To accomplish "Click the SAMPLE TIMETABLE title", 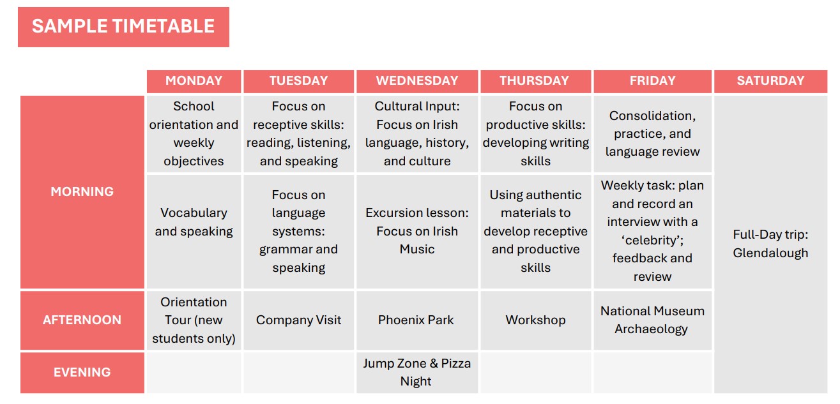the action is point(123,27).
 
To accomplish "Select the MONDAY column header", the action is point(194,81).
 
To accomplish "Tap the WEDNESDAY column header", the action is point(417,81).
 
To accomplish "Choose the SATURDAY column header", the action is point(770,81).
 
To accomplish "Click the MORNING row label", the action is point(82,192).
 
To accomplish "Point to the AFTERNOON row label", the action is point(82,320).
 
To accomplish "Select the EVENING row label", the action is point(82,373).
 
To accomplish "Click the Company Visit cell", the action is point(298,320).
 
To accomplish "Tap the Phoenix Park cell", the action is point(417,320).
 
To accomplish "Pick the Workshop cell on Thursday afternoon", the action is point(535,320).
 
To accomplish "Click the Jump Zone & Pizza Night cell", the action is point(417,373).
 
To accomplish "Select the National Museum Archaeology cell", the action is point(652,320).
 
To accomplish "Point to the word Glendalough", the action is point(770,253).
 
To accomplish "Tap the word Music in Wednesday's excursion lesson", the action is point(417,249).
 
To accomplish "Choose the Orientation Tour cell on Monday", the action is point(194,320).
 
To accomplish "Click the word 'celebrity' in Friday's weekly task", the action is point(652,240).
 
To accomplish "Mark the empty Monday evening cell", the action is point(194,373).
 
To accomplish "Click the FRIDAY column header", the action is point(652,81).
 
